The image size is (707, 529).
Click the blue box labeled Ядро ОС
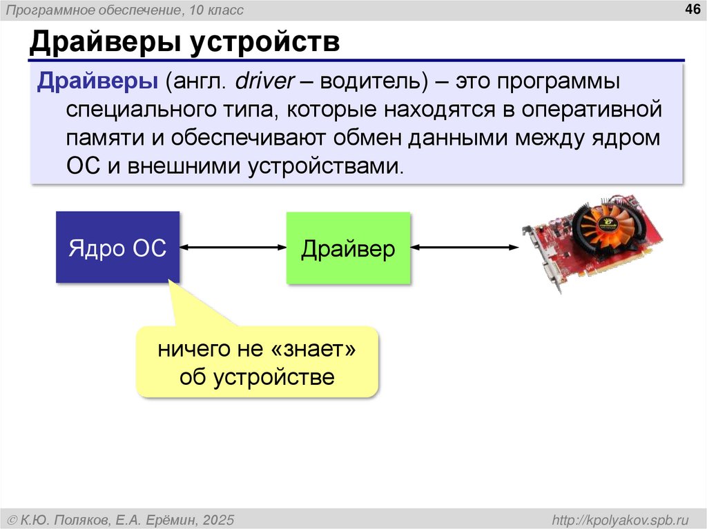(x=117, y=248)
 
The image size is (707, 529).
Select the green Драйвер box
(x=348, y=248)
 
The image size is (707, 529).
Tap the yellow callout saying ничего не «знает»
(x=258, y=362)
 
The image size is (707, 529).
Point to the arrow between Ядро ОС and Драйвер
(x=233, y=248)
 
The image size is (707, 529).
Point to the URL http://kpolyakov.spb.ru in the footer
(x=617, y=519)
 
